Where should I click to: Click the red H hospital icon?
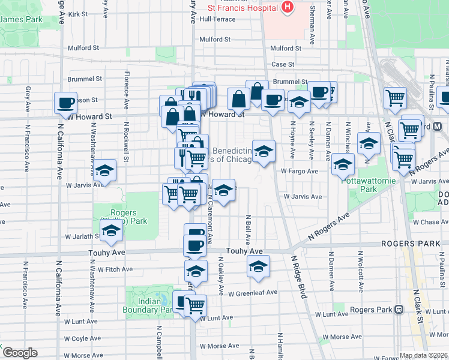pyautogui.click(x=288, y=7)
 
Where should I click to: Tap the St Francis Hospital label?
pyautogui.click(x=243, y=7)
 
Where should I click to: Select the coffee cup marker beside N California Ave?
pyautogui.click(x=65, y=102)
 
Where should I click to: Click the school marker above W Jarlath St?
pyautogui.click(x=110, y=233)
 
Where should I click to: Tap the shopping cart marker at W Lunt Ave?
pyautogui.click(x=195, y=305)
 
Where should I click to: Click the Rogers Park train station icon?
pyautogui.click(x=399, y=309)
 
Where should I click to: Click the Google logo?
pyautogui.click(x=20, y=353)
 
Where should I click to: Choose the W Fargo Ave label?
pyautogui.click(x=300, y=171)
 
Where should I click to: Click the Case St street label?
pyautogui.click(x=283, y=64)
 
